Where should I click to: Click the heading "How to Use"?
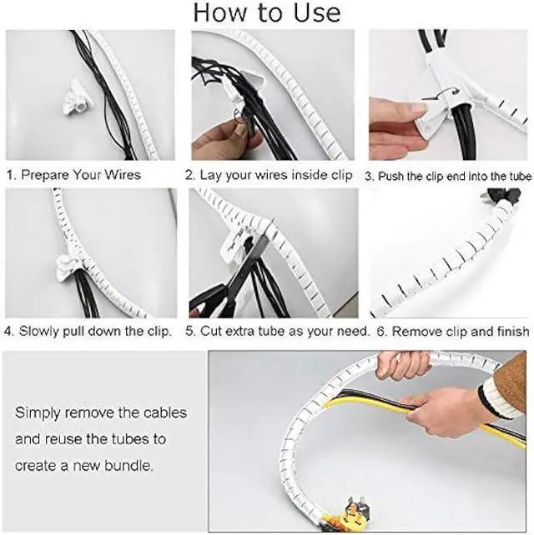267,12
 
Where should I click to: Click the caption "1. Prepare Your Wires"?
73,175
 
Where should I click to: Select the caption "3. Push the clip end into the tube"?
448,176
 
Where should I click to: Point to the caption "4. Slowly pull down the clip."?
89,331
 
